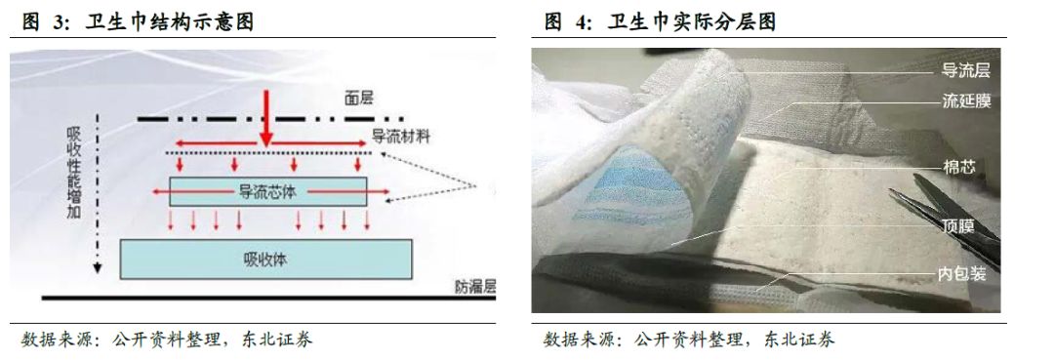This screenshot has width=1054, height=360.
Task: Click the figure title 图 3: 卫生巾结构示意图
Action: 137,20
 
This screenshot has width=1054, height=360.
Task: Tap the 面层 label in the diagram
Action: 359,98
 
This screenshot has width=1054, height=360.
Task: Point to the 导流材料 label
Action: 399,137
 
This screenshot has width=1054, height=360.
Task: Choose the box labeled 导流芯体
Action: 267,191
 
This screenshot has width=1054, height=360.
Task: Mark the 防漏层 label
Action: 475,287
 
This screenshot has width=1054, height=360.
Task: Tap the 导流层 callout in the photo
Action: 966,70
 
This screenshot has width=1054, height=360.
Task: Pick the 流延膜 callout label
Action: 966,100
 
